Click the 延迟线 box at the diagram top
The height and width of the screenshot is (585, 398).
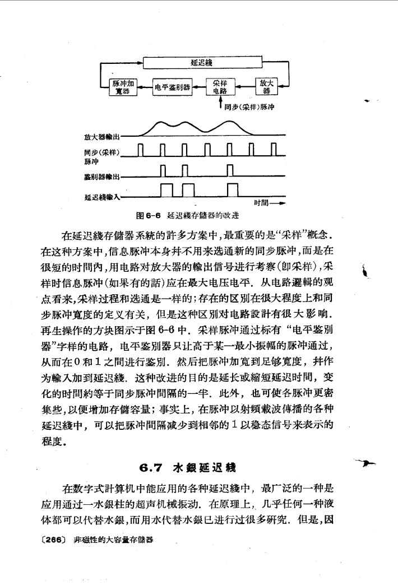[x=201, y=63]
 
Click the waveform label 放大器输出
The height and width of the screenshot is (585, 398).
[x=101, y=136]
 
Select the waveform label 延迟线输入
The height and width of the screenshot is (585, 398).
[x=101, y=197]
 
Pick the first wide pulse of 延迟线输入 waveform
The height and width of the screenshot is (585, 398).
[x=168, y=191]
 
